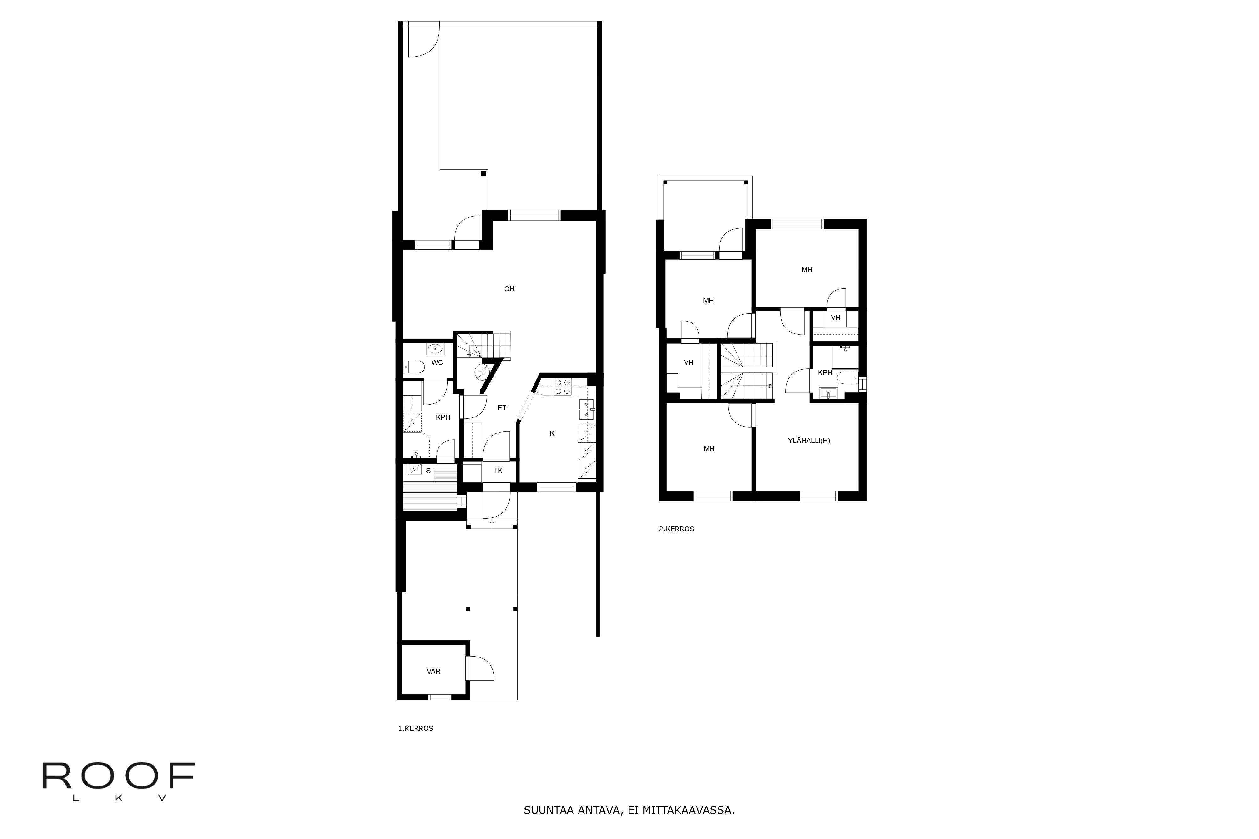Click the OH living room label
click(509, 289)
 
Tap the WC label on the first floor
click(437, 363)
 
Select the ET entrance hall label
click(502, 408)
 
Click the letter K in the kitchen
click(552, 433)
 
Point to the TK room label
click(498, 471)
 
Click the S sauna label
click(428, 471)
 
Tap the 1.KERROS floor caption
click(415, 728)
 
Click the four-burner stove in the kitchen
click(562, 386)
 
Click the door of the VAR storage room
click(481, 669)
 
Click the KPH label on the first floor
click(443, 417)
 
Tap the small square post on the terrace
click(483, 174)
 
